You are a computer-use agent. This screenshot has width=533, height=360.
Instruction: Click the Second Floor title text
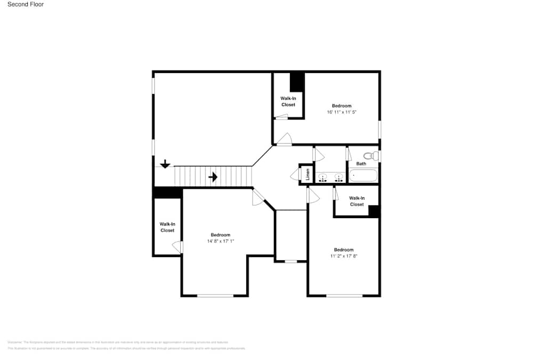click(26, 4)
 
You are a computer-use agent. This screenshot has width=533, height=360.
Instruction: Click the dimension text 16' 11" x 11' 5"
click(342, 113)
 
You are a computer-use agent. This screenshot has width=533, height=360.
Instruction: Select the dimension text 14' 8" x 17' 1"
click(221, 242)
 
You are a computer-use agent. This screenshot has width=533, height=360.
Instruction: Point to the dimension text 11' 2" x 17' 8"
click(343, 257)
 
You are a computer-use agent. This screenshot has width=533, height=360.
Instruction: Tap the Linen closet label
click(308, 174)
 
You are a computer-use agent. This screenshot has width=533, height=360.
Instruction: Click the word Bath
click(361, 164)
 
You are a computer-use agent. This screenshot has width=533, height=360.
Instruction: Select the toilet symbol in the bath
click(375, 156)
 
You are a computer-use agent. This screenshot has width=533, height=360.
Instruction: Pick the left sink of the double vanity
click(323, 177)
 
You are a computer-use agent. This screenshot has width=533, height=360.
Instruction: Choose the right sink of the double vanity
click(338, 177)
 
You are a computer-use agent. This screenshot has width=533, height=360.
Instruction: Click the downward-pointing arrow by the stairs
click(165, 164)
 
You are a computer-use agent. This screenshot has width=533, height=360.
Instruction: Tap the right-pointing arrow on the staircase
click(213, 177)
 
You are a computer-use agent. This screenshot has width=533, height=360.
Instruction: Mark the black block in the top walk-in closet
click(297, 83)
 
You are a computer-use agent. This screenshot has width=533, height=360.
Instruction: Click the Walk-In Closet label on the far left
click(167, 227)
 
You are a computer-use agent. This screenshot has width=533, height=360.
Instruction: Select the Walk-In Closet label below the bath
click(357, 201)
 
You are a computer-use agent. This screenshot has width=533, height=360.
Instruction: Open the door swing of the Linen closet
click(294, 175)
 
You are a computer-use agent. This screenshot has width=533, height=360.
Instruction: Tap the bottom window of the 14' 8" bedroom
click(215, 295)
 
